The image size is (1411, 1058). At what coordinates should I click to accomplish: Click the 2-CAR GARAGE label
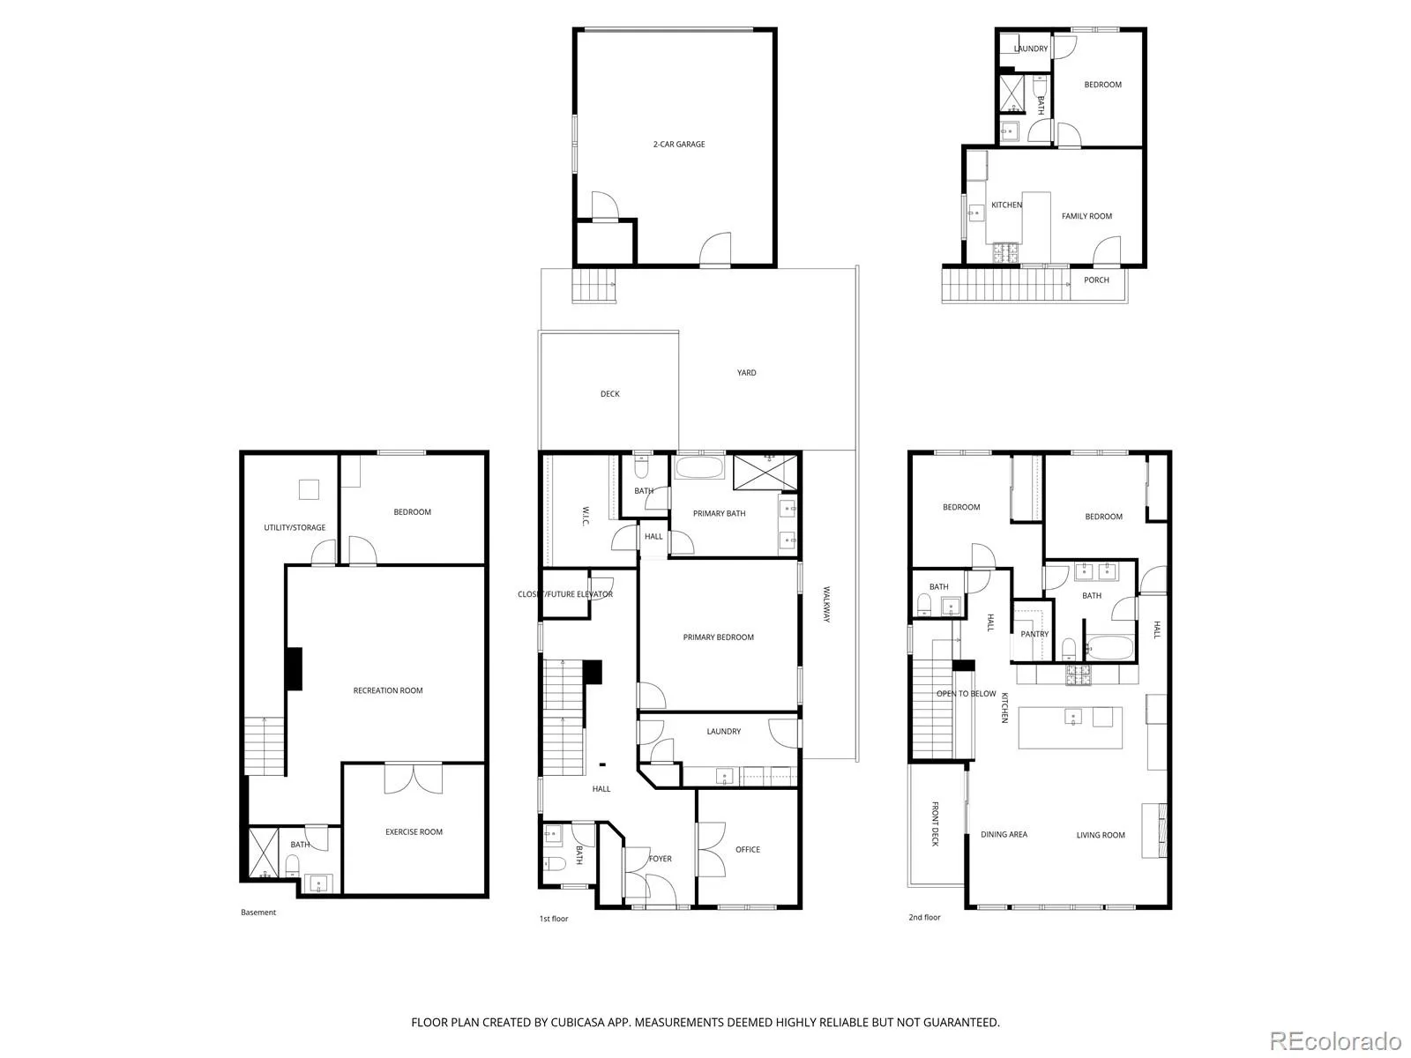(x=679, y=145)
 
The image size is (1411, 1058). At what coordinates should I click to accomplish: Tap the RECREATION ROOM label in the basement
(x=388, y=690)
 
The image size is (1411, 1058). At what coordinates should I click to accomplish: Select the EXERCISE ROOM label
(x=414, y=832)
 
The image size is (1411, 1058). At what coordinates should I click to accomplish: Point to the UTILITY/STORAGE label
(x=295, y=527)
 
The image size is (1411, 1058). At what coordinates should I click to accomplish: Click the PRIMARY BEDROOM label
(x=718, y=637)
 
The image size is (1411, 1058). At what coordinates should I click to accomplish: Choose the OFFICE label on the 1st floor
(x=748, y=849)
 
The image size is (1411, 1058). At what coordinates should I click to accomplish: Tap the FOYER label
(x=661, y=858)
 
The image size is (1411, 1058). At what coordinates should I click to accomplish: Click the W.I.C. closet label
(x=586, y=517)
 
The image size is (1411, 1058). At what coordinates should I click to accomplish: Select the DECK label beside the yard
(x=610, y=394)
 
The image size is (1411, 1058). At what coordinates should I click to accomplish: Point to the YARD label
(x=746, y=373)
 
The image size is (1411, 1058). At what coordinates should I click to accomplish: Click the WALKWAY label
(x=826, y=604)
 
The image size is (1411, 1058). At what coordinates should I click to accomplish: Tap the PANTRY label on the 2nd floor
(x=1034, y=634)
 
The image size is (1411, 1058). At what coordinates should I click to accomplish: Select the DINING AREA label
(x=1004, y=834)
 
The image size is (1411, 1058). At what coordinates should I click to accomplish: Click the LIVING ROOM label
(x=1101, y=835)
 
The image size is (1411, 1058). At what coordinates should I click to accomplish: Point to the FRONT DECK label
(x=936, y=823)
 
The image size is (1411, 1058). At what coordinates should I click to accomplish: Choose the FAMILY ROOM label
(x=1086, y=217)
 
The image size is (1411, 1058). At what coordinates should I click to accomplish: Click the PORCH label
(x=1096, y=280)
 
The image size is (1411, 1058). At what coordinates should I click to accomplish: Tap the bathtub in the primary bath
(x=698, y=467)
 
